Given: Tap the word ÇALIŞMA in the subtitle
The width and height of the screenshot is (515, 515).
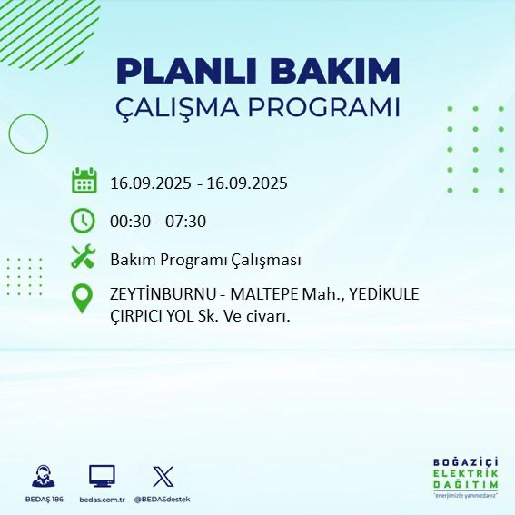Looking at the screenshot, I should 179,107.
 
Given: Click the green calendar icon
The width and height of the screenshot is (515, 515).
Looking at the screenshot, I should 84,181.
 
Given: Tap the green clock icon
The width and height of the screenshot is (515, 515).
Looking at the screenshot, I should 84,220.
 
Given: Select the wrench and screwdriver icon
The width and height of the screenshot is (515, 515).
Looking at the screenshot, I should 84,257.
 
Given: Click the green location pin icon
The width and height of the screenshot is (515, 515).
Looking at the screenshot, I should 84,298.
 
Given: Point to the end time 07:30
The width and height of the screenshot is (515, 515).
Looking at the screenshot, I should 185,221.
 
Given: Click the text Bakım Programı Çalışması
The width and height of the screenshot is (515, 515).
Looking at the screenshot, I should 205,260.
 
